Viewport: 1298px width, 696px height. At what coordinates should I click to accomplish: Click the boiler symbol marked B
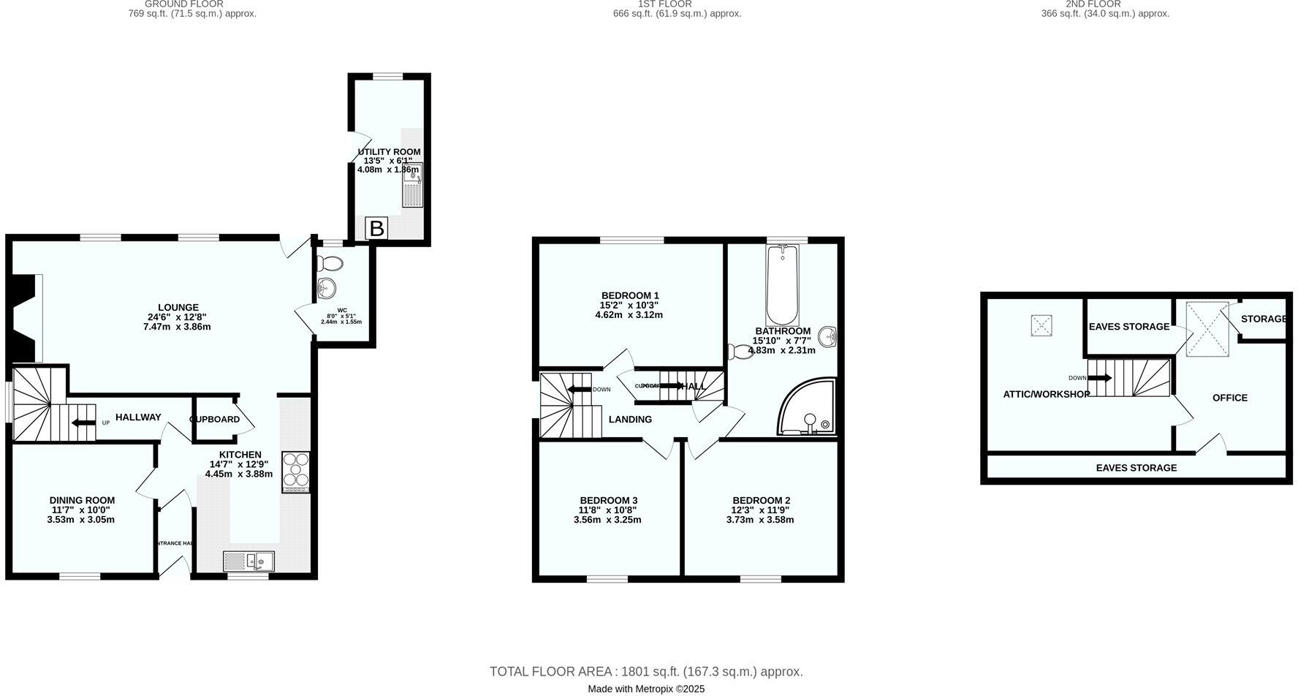point(376,229)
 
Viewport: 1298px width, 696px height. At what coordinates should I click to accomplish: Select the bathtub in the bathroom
point(783,285)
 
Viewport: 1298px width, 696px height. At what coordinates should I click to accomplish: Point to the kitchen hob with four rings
point(296,469)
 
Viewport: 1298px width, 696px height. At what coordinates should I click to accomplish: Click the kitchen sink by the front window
point(249,561)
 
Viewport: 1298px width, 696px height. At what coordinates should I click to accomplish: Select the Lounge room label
point(178,307)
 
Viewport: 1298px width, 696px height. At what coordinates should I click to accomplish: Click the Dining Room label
point(82,500)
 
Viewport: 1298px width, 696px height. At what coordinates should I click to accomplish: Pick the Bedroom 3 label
point(608,500)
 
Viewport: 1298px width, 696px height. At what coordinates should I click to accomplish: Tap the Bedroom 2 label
point(761,500)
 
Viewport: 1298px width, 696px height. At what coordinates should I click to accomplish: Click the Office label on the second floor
point(1230,398)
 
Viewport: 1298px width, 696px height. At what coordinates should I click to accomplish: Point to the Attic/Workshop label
point(1047,394)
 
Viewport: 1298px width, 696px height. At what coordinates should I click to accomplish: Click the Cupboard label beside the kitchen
point(215,419)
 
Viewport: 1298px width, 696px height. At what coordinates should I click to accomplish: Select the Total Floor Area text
point(646,672)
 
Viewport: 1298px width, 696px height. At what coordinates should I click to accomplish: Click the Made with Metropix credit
point(646,689)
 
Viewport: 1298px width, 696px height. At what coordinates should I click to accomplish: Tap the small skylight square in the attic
point(1041,325)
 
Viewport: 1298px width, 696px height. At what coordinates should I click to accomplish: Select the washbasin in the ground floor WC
point(327,287)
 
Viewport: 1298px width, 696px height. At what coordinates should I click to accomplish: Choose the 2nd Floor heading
point(1104,4)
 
